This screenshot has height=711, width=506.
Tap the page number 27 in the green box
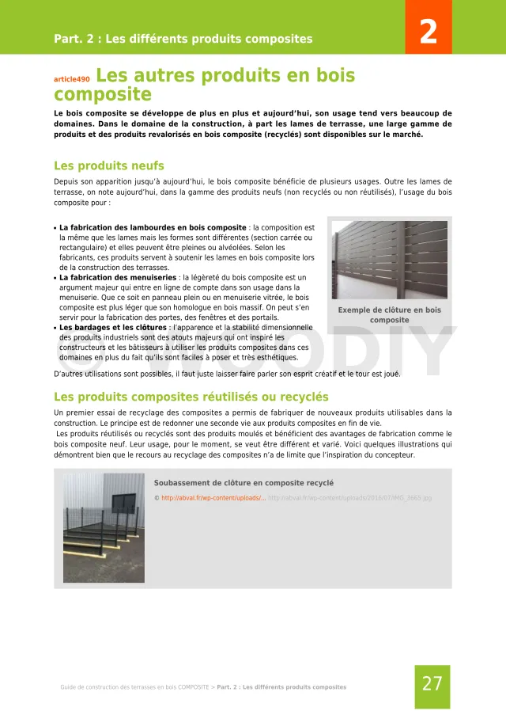432,684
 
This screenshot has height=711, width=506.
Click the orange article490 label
72,79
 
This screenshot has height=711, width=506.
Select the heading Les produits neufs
108,166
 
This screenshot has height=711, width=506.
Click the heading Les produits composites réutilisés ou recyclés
191,397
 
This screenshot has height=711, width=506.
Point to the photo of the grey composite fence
389,260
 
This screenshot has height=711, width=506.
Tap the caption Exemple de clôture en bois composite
389,315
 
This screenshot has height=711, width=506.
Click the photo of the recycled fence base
104,528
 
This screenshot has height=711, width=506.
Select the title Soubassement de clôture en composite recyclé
244,483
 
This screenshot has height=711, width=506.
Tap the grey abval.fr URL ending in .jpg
349,498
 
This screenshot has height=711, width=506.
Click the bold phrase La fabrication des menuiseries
118,278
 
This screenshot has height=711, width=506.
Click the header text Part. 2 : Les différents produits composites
183,39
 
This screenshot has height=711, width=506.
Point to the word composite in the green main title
102,95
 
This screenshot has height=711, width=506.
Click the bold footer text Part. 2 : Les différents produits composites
281,687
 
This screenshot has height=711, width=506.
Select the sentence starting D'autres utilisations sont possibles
227,374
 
